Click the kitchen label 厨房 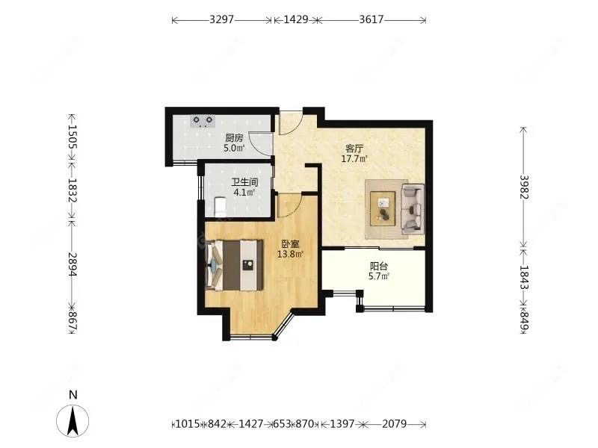pyautogui.click(x=234, y=137)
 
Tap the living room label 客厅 pyautogui.click(x=354, y=148)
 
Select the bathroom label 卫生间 pyautogui.click(x=244, y=182)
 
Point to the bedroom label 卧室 pyautogui.click(x=290, y=244)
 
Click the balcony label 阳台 pyautogui.click(x=379, y=266)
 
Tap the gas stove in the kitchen pyautogui.click(x=203, y=119)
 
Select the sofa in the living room pyautogui.click(x=412, y=209)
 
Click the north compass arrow pyautogui.click(x=73, y=420)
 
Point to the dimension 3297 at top pyautogui.click(x=222, y=20)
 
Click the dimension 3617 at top pyautogui.click(x=372, y=20)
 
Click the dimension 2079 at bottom pyautogui.click(x=393, y=424)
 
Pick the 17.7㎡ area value pyautogui.click(x=354, y=159)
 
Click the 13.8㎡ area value pyautogui.click(x=290, y=255)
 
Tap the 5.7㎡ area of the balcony pyautogui.click(x=379, y=277)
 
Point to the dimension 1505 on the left pyautogui.click(x=73, y=137)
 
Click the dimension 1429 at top pyautogui.click(x=296, y=20)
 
